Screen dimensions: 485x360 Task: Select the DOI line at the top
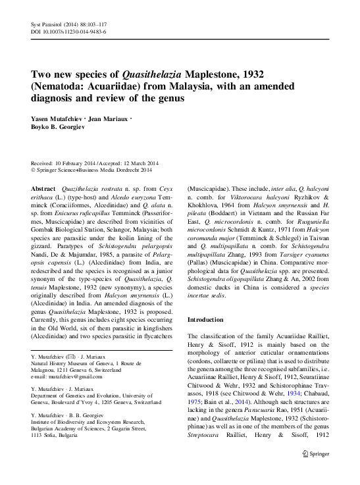[69, 32]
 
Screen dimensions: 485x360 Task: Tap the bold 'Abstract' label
[43, 188]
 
